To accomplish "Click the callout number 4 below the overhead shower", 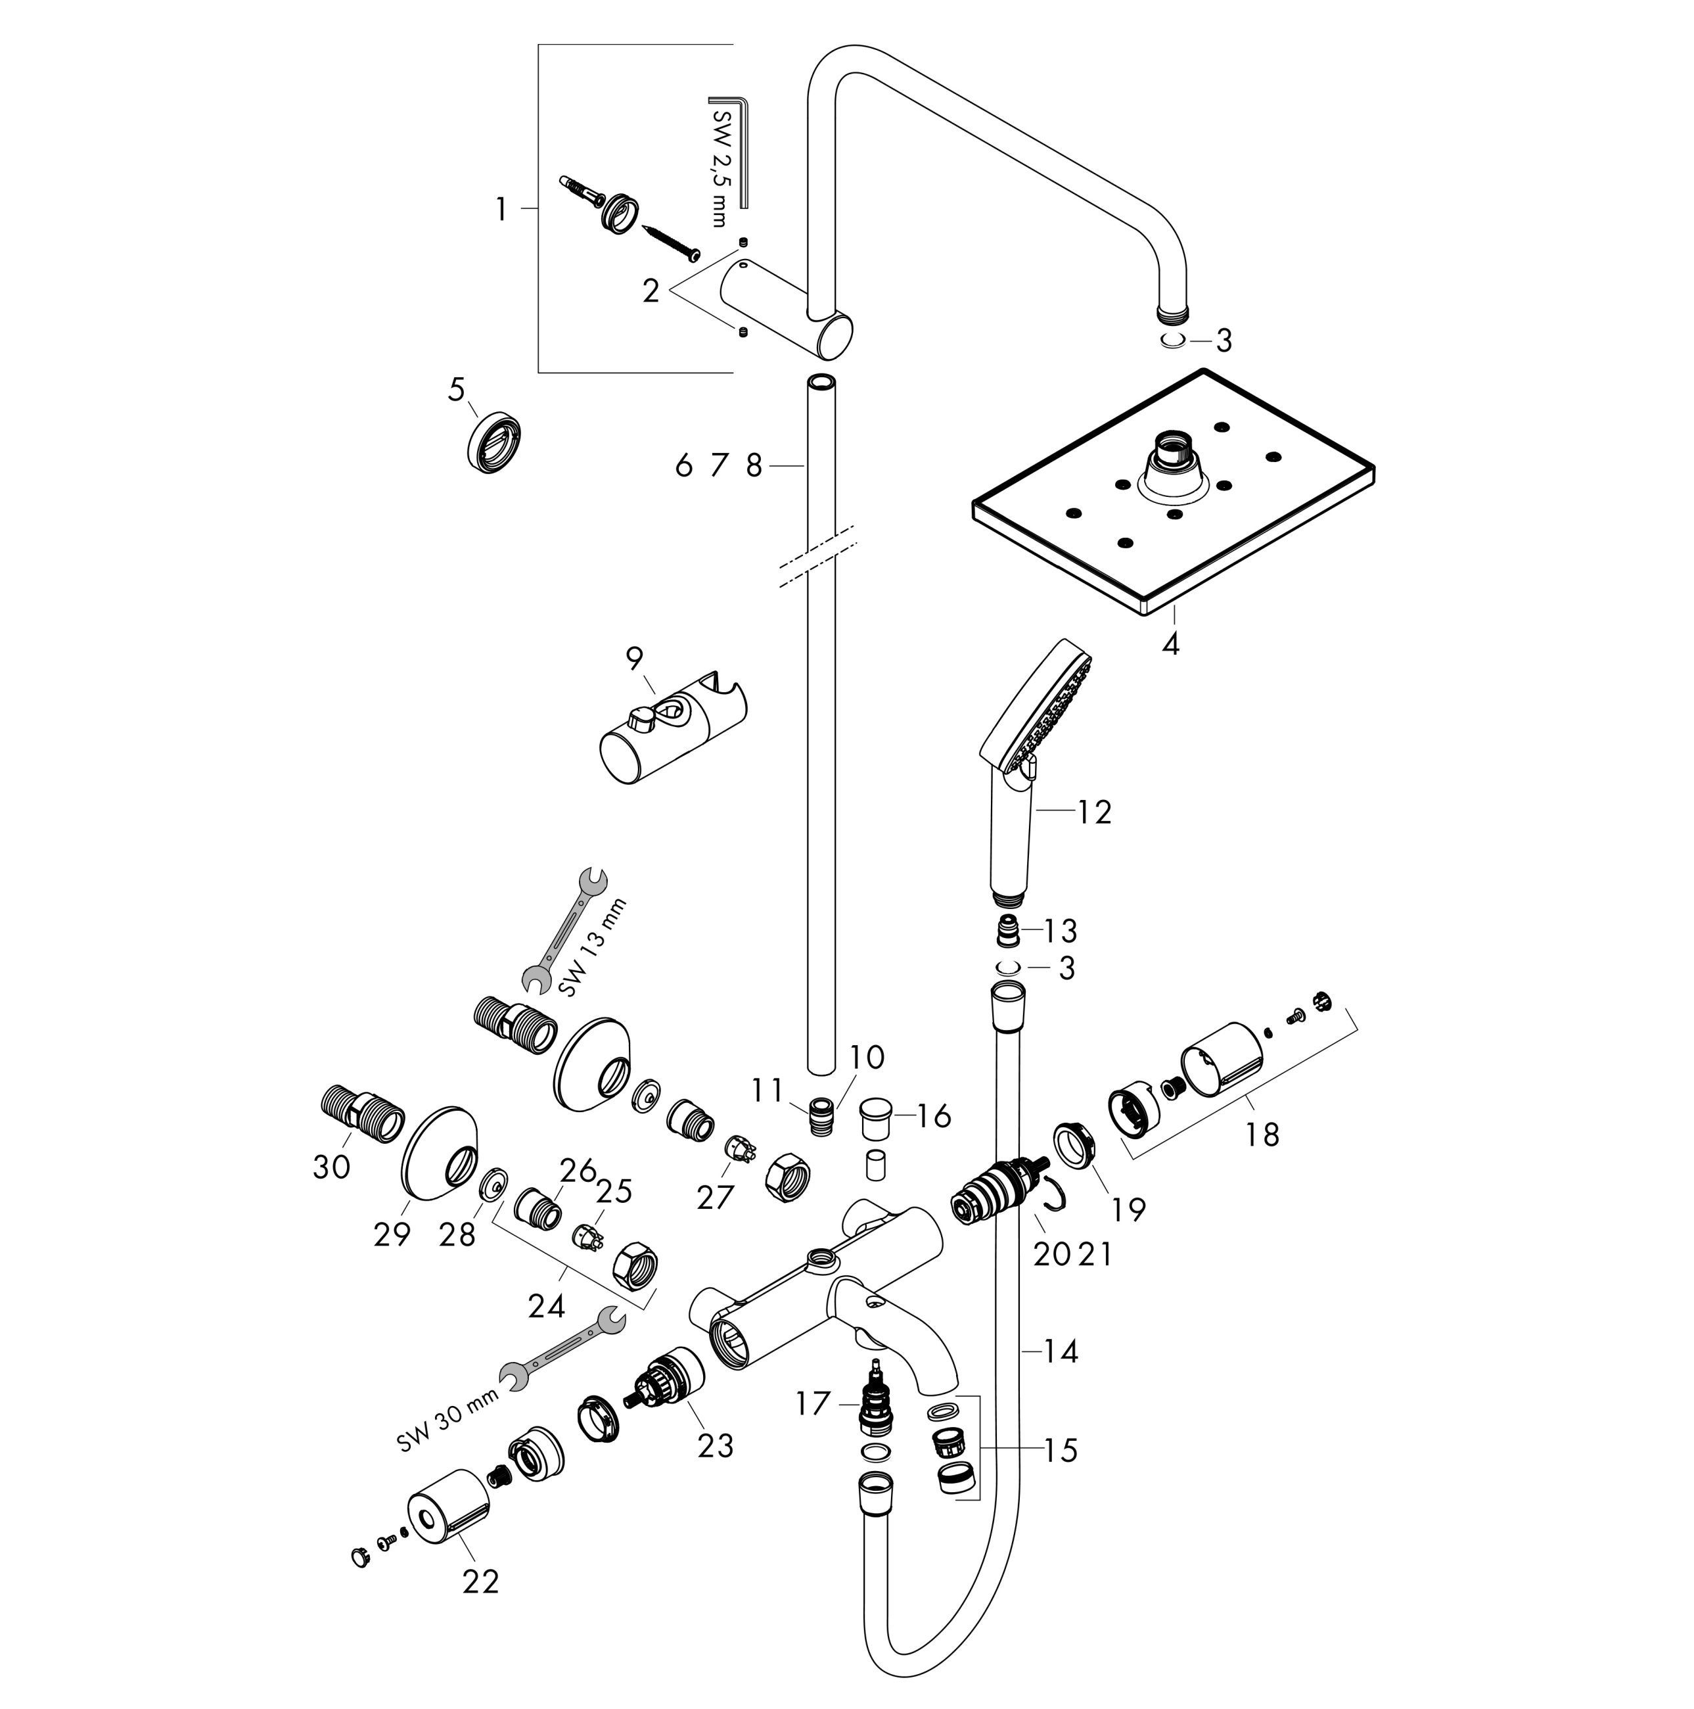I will pos(1170,644).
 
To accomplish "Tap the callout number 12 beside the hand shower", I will pos(1095,812).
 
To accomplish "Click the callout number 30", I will pos(332,1167).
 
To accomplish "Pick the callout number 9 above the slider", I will pos(635,658).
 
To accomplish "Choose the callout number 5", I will pos(456,389).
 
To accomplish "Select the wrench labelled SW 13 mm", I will pos(564,929).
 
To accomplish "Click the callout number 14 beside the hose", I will pos(1060,1351).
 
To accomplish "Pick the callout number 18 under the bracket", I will pos(1262,1134).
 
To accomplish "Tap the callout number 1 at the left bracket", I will pos(502,210).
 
